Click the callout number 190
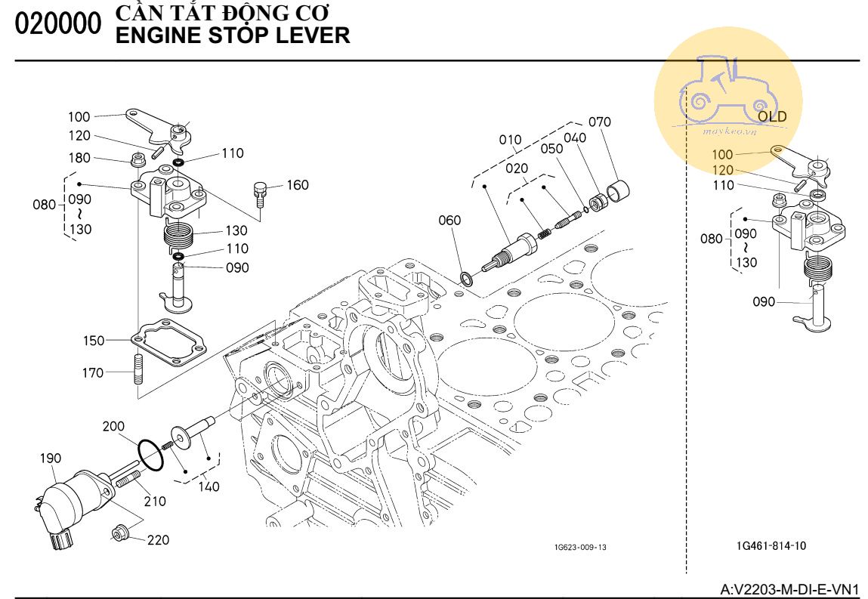(x=51, y=459)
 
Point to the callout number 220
(x=158, y=540)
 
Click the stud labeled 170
(x=139, y=371)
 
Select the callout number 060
(x=449, y=221)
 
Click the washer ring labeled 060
(x=467, y=279)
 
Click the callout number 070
(x=599, y=122)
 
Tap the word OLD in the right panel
(x=772, y=117)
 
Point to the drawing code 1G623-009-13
(x=580, y=547)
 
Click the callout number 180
(x=80, y=158)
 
